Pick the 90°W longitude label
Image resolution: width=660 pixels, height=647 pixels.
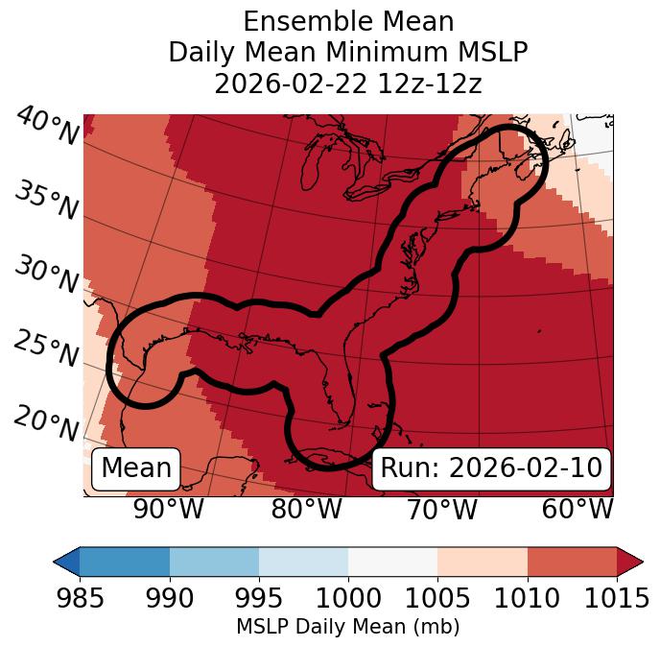(x=168, y=510)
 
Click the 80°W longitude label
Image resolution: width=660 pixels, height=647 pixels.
(x=306, y=510)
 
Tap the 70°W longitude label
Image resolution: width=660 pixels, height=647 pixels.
(x=441, y=510)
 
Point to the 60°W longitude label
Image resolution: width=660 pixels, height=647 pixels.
(x=577, y=510)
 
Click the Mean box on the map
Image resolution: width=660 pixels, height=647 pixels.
(x=136, y=468)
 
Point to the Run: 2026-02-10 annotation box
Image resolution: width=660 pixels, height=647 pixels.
(x=491, y=468)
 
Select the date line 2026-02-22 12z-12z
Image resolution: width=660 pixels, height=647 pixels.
(x=348, y=84)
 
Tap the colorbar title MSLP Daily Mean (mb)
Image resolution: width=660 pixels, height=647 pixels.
(x=348, y=628)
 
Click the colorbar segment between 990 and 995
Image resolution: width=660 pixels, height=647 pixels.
(x=214, y=561)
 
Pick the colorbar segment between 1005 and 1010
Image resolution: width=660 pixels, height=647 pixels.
(x=483, y=561)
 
